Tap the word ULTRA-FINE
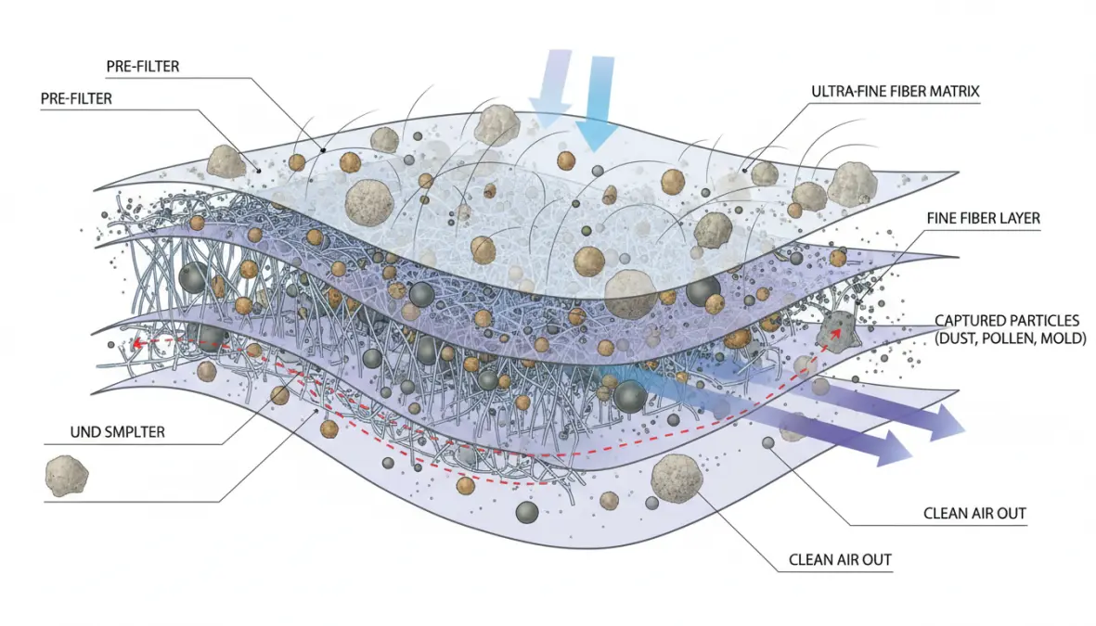841,92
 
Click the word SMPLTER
132,432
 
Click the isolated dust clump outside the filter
67,474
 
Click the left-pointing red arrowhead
135,343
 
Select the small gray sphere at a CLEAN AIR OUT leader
768,443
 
